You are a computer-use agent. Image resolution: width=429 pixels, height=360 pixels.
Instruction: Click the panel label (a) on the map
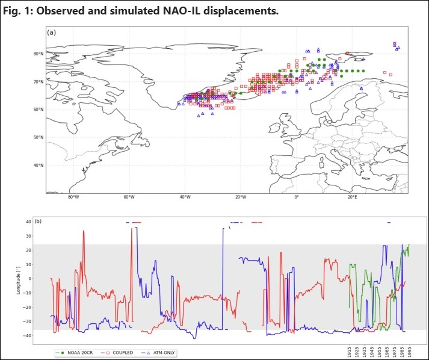coord(51,33)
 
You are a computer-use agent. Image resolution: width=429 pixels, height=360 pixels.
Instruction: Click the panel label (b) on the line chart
coord(39,222)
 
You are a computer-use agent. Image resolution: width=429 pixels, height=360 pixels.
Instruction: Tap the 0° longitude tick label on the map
coord(296,198)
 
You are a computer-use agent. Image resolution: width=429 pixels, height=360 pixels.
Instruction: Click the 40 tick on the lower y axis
coord(28,222)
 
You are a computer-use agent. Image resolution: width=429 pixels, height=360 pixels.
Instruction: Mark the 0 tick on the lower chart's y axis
coord(30,279)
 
